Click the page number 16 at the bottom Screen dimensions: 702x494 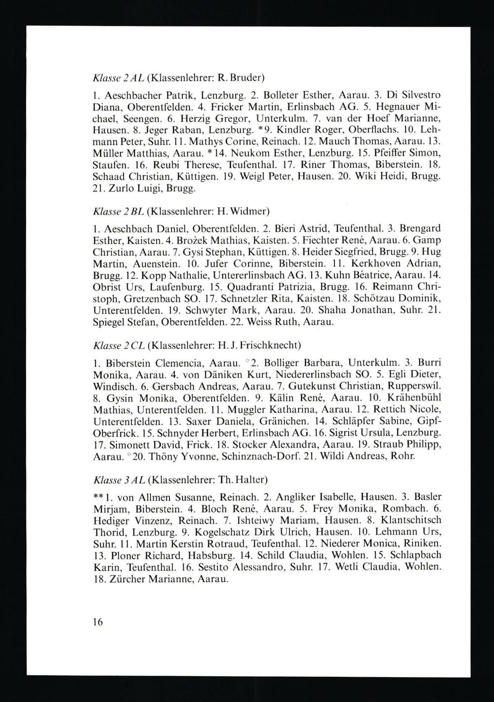click(97, 622)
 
